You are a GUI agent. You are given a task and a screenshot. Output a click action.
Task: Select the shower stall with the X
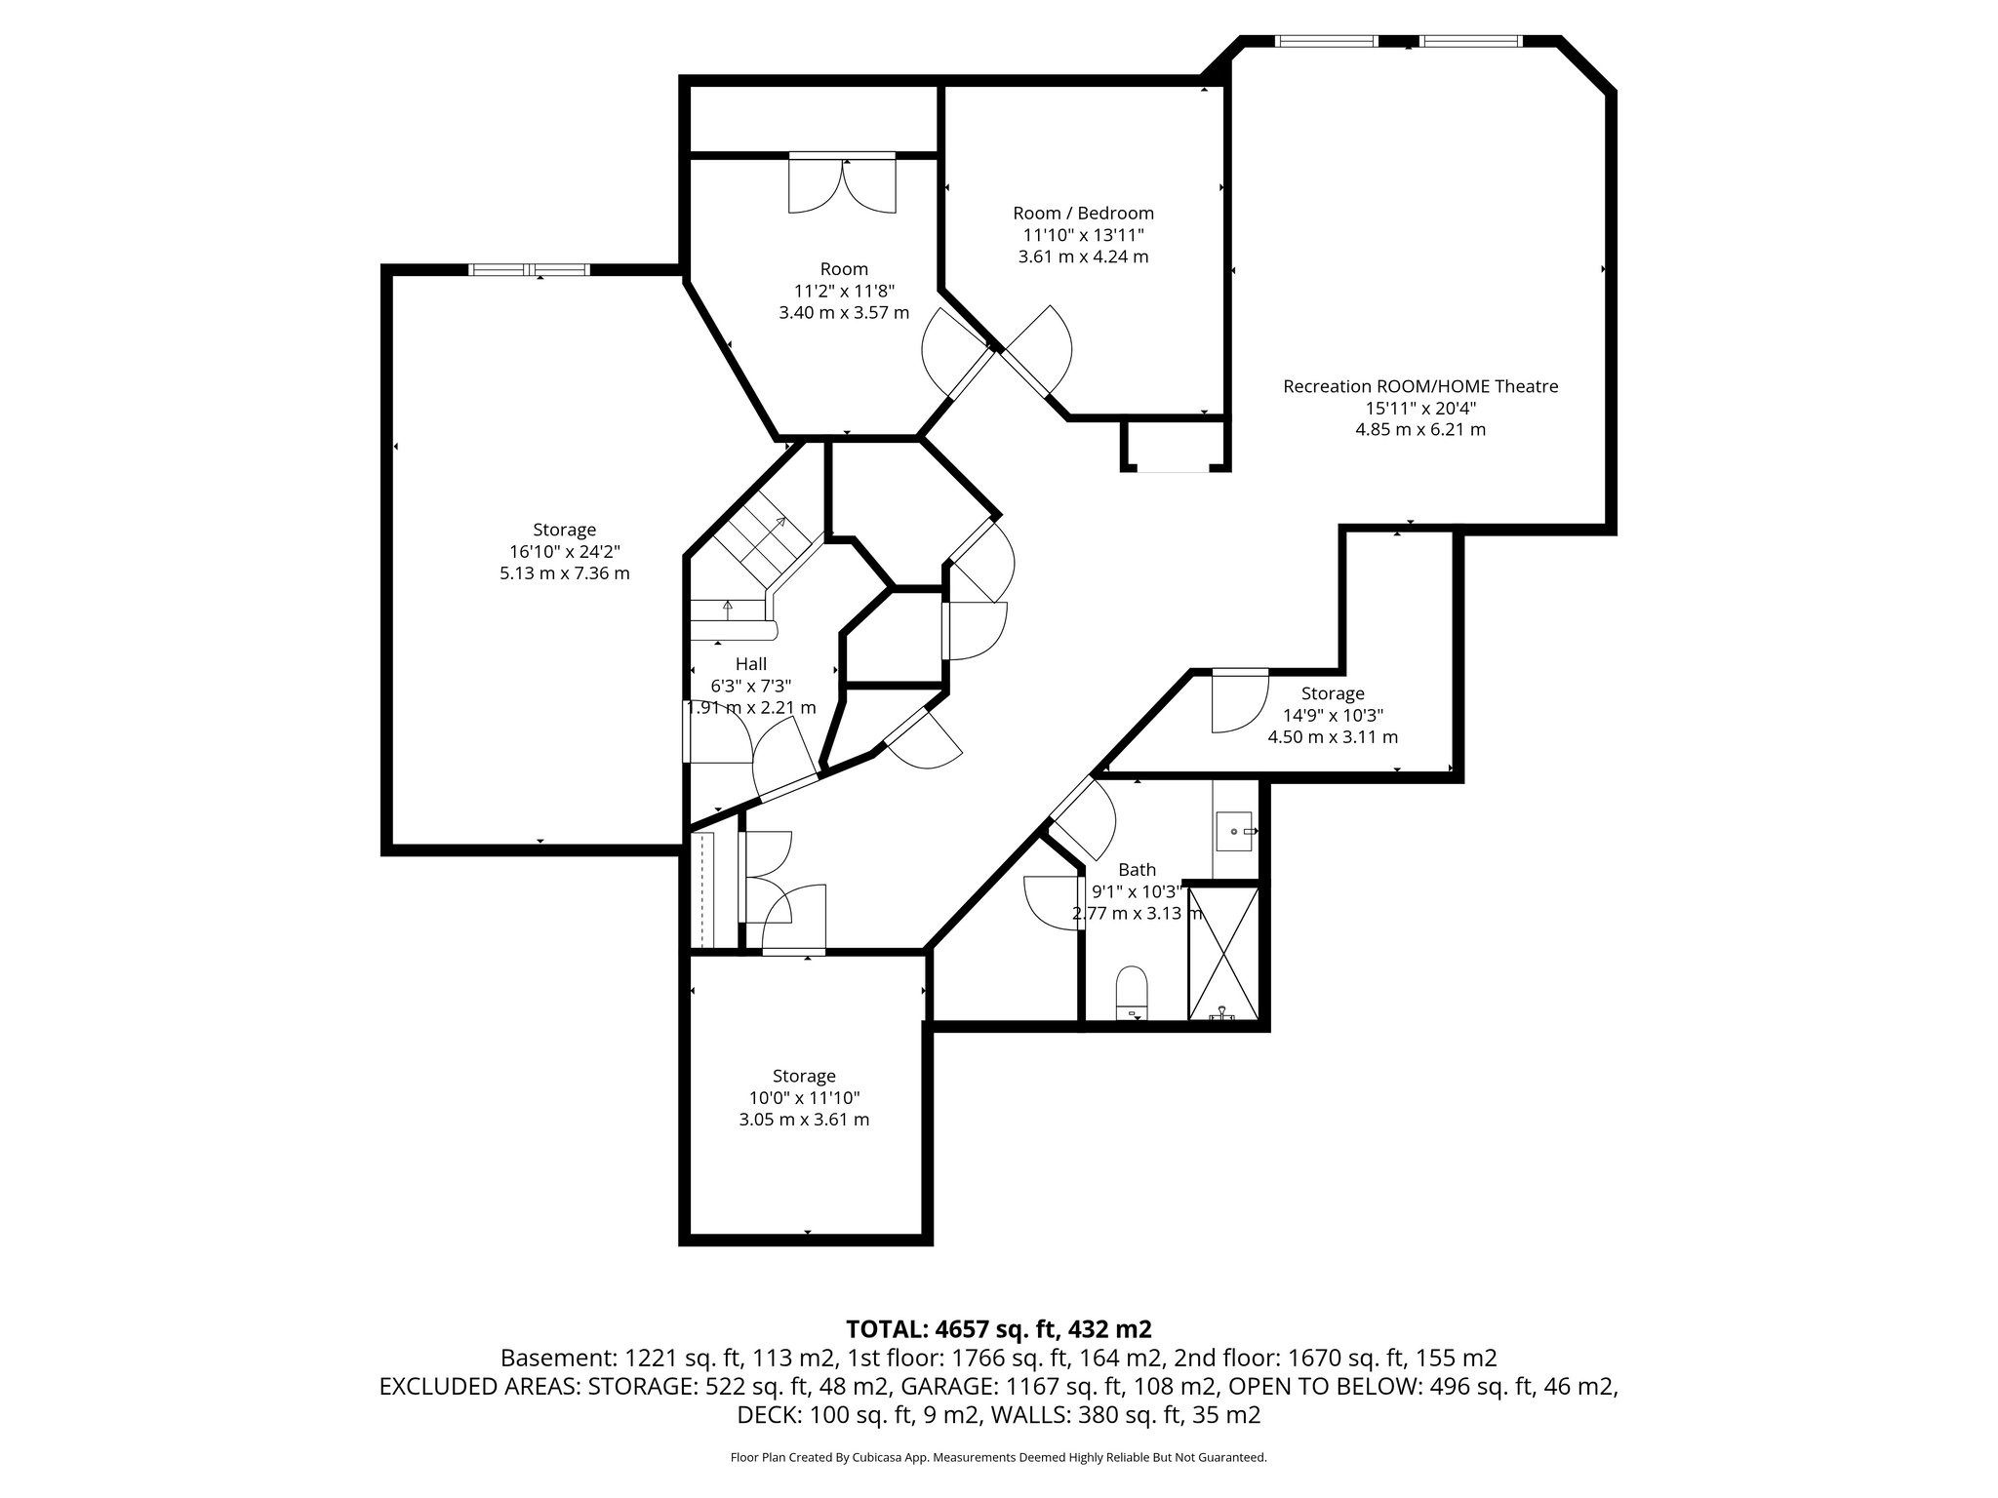(x=1222, y=952)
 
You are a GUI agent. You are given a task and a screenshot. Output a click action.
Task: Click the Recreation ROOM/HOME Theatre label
(x=1419, y=386)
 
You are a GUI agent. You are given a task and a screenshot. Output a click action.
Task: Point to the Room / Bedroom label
(x=1083, y=213)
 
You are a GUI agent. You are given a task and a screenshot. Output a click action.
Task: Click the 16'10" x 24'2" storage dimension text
(x=564, y=551)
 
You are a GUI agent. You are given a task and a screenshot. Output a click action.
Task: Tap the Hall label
(x=750, y=664)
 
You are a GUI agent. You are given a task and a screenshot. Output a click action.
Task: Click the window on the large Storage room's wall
(x=530, y=270)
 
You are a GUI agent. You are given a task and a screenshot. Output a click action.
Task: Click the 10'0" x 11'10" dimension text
(x=804, y=1097)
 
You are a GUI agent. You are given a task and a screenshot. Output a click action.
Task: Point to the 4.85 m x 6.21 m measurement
(x=1419, y=429)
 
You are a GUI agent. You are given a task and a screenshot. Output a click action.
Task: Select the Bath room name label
(x=1137, y=869)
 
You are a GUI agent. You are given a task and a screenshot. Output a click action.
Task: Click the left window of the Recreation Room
(x=1326, y=41)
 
